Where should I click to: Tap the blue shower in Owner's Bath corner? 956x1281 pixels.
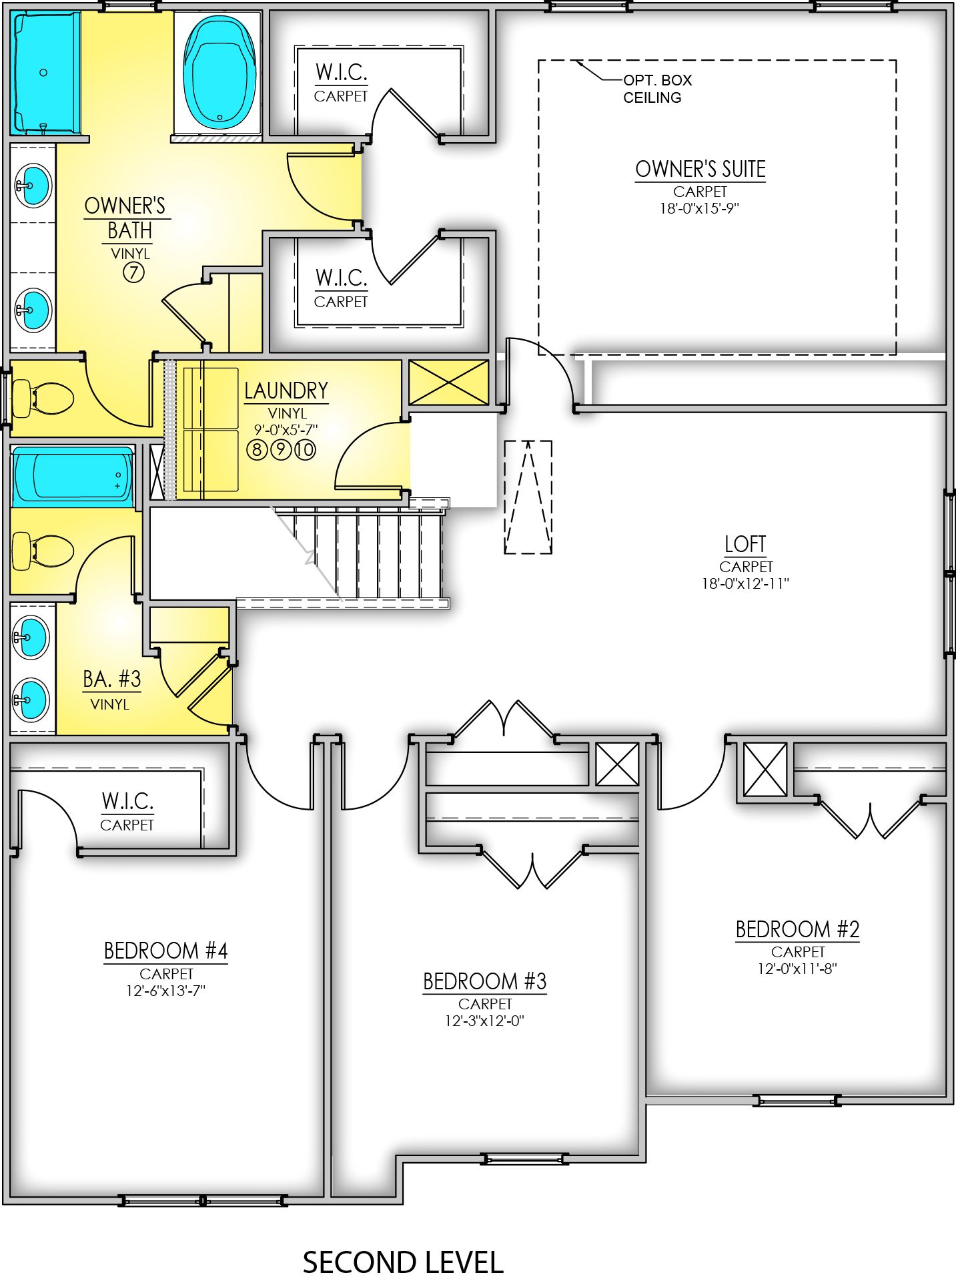[x=45, y=72]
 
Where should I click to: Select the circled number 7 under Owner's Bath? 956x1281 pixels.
[x=133, y=272]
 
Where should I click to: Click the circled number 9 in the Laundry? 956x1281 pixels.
[x=281, y=449]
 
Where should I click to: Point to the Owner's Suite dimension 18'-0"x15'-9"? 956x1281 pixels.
[x=700, y=208]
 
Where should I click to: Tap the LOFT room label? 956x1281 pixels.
[x=745, y=545]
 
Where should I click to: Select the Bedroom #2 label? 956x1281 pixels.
[x=797, y=929]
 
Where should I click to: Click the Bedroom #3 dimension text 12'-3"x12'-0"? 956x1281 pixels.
[x=484, y=1021]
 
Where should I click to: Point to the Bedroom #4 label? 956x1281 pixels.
[x=165, y=951]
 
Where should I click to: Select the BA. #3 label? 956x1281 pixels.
[x=111, y=680]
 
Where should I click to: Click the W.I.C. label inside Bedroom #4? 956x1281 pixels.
[x=127, y=800]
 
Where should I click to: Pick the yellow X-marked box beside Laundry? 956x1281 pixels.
[x=448, y=382]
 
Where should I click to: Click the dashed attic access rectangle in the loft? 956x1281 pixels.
[x=528, y=497]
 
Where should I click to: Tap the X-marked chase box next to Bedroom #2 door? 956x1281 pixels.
[x=765, y=771]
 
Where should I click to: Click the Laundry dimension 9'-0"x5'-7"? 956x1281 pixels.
[x=288, y=430]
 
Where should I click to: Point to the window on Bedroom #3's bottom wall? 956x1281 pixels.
[x=524, y=1160]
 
